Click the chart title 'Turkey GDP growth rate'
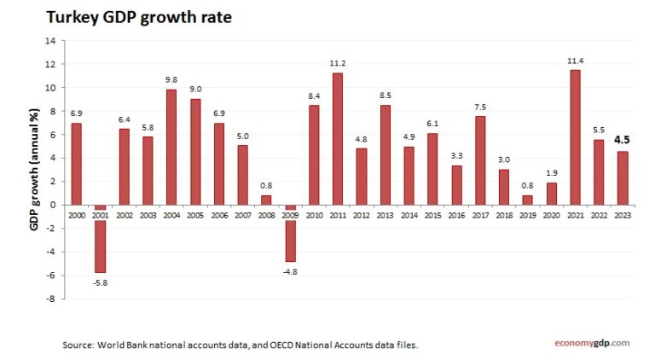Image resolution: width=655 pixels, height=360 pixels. click(x=138, y=17)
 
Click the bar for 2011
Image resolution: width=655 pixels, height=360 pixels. click(x=338, y=138)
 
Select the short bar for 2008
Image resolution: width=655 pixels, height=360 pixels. click(x=267, y=200)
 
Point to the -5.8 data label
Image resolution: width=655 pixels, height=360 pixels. click(x=101, y=282)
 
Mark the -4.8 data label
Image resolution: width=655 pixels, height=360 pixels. click(x=291, y=270)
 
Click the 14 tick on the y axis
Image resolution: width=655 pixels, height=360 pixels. click(x=50, y=41)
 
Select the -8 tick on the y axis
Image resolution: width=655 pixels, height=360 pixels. click(x=50, y=299)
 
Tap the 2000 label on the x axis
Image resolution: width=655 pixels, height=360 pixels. click(x=77, y=216)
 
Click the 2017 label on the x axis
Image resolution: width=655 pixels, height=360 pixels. click(x=480, y=216)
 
